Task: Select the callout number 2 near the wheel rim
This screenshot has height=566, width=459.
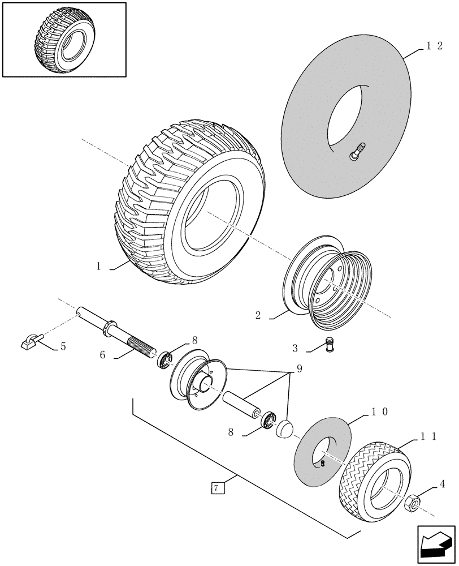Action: (x=258, y=316)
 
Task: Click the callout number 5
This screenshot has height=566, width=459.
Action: (x=63, y=346)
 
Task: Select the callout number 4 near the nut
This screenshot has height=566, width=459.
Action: (x=442, y=484)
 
